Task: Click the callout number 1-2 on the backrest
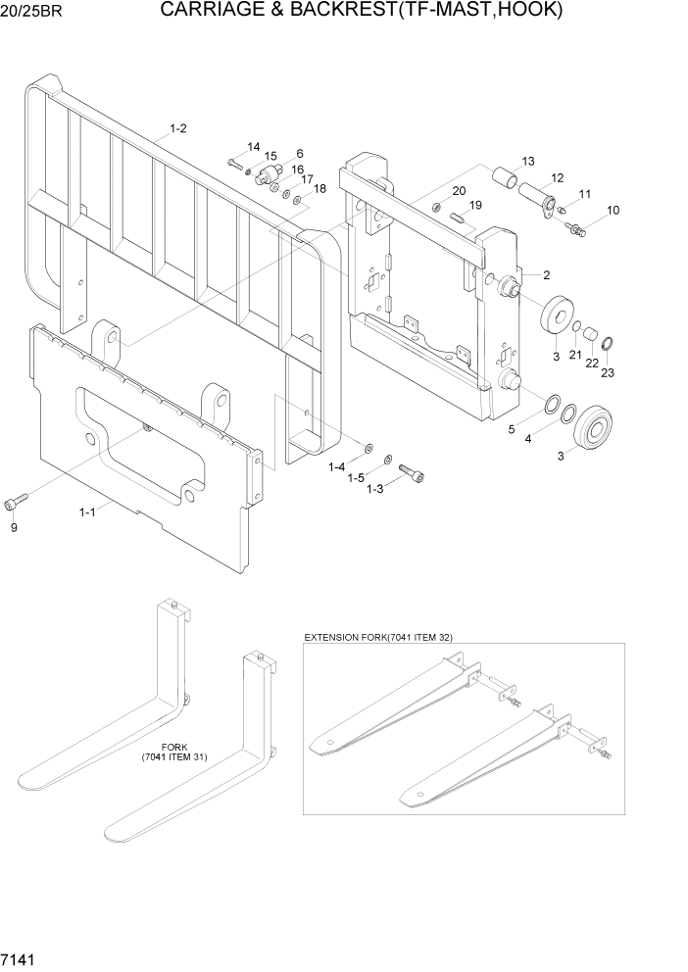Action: (178, 128)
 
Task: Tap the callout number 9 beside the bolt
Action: (14, 528)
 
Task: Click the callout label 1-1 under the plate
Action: (87, 511)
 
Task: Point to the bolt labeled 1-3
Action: (413, 476)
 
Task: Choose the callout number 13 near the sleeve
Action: (527, 161)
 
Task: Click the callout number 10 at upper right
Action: (613, 211)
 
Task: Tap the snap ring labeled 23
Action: (608, 342)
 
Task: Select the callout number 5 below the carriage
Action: (511, 428)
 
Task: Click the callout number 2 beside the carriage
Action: (546, 275)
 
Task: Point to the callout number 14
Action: (253, 147)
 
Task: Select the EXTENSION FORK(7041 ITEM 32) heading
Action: (377, 637)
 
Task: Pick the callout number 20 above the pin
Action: (459, 190)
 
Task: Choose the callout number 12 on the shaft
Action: (557, 178)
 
